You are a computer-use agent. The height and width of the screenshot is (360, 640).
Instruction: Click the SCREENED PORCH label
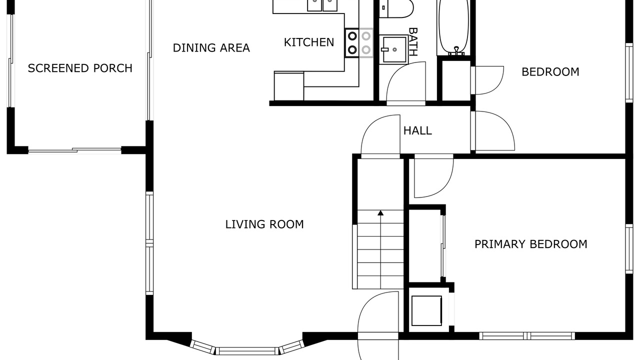pos(80,68)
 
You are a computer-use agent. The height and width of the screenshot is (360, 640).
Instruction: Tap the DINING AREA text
pos(211,47)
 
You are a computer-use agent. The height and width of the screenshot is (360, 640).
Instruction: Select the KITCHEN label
pos(309,42)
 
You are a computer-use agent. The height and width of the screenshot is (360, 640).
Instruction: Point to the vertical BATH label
pos(413,41)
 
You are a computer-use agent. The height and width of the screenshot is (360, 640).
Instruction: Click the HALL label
pos(417,130)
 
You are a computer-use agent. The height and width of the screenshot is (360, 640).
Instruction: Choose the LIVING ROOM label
pos(264,224)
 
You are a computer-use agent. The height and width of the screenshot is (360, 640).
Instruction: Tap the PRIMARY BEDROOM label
pos(531,244)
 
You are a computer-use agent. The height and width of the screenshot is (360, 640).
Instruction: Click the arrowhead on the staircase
pos(380,213)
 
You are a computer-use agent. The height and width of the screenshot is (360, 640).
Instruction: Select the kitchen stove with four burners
pos(359,43)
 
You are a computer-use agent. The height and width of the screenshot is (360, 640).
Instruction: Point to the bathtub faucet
pos(456,50)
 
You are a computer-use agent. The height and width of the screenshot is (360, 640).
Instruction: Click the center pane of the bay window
pos(247,351)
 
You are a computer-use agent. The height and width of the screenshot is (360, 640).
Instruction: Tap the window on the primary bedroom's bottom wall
pos(527,335)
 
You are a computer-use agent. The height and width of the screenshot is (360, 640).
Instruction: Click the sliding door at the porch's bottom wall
pos(75,150)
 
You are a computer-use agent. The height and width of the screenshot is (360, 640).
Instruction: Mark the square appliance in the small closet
pos(426,310)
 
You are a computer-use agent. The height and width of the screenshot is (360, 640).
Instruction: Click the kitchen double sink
pos(322,5)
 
